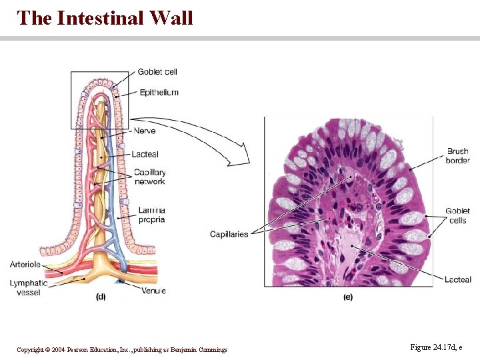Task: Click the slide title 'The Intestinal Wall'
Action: coord(105,17)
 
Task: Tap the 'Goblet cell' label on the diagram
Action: coord(157,72)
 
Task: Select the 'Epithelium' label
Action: coord(159,93)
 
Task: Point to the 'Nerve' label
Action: coord(144,131)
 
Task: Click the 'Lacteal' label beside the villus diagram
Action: coord(145,155)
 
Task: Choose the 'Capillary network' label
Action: coord(149,177)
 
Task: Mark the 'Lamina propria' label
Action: coord(151,215)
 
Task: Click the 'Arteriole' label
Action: coord(25,265)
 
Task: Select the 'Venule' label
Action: coord(153,291)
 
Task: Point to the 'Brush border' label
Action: coord(458,156)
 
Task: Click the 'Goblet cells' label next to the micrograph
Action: coord(458,215)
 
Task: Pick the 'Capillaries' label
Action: coord(229,234)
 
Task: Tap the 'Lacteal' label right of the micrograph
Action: coord(458,280)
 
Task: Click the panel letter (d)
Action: coord(101,296)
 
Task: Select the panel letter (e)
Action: coord(348,297)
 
